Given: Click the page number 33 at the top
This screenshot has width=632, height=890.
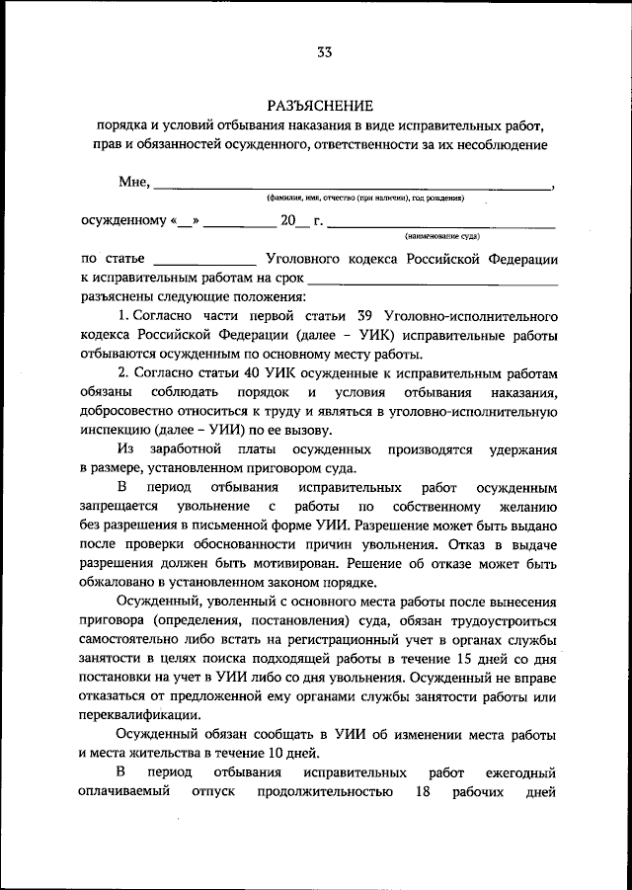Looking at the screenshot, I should tap(324, 52).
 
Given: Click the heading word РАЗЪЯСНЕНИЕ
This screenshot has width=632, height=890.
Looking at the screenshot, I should tap(321, 106).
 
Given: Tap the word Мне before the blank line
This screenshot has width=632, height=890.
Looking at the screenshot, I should tap(132, 182).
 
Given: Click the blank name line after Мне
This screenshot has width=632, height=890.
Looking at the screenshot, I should tap(353, 187).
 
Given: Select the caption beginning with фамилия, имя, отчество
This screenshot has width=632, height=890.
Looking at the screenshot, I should tap(365, 199).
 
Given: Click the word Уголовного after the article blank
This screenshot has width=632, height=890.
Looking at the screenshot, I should tap(305, 258).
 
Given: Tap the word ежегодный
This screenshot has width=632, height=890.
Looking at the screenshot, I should tap(519, 772).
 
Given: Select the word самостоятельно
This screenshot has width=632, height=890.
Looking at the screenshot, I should tap(131, 642).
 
